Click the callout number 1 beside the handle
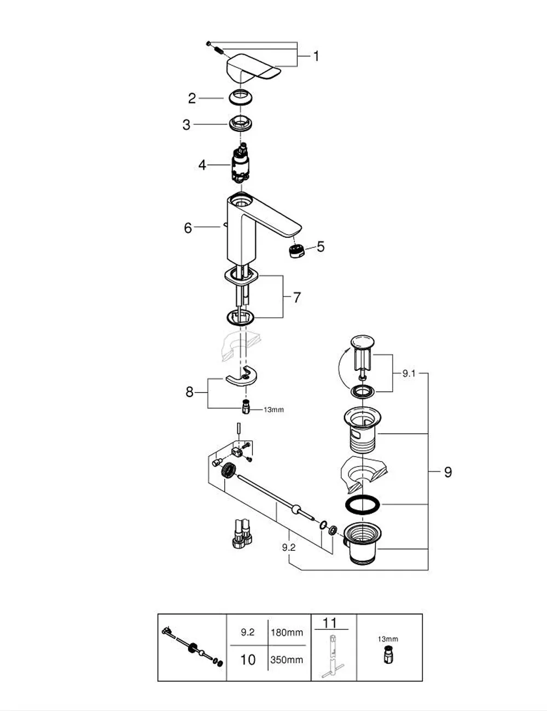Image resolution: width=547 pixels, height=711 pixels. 316,56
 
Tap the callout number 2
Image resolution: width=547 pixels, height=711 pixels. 192,98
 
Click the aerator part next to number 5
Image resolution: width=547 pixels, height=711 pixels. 297,251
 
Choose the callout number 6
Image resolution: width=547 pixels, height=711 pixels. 188,228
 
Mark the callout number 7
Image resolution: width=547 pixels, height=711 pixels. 296,298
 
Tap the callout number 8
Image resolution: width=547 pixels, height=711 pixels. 190,392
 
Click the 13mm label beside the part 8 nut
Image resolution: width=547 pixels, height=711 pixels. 274,410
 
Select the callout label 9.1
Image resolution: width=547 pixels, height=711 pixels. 409,374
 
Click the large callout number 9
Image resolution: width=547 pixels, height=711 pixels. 448,472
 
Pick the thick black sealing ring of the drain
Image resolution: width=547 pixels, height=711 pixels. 363,505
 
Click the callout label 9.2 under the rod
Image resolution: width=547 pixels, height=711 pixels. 289,547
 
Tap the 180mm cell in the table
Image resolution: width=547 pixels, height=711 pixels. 287,632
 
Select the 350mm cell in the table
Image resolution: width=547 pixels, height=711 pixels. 287,660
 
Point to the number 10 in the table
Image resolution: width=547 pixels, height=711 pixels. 248,660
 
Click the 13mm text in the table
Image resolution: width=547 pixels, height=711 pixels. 388,639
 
